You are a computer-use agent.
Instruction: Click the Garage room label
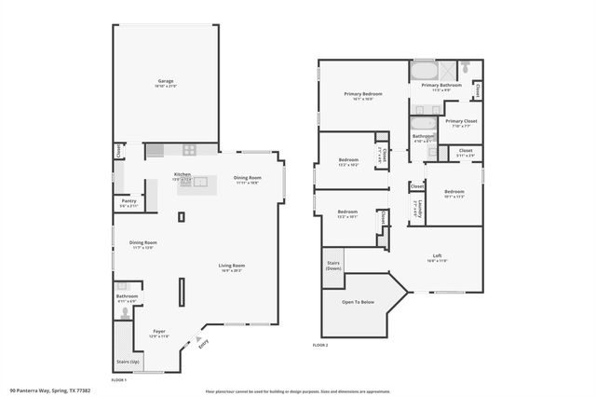pyautogui.click(x=165, y=83)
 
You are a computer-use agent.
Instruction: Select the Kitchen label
pyautogui.click(x=183, y=175)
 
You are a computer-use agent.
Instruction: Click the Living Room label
pyautogui.click(x=231, y=267)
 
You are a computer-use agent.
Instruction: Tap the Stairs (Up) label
pyautogui.click(x=128, y=361)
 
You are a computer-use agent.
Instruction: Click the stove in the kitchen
pyautogui.click(x=188, y=149)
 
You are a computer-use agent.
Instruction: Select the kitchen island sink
pyautogui.click(x=199, y=183)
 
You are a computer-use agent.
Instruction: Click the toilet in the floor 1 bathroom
pyautogui.click(x=120, y=287)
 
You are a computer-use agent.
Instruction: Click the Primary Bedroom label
pyautogui.click(x=362, y=94)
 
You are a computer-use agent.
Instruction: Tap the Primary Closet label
pyautogui.click(x=460, y=122)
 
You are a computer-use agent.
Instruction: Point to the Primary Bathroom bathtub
pyautogui.click(x=424, y=71)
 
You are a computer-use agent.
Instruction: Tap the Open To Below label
pyautogui.click(x=358, y=302)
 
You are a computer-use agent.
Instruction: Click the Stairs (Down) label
pyautogui.click(x=333, y=265)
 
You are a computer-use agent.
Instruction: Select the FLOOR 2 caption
pyautogui.click(x=320, y=345)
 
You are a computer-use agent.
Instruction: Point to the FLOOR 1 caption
pyautogui.click(x=118, y=380)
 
